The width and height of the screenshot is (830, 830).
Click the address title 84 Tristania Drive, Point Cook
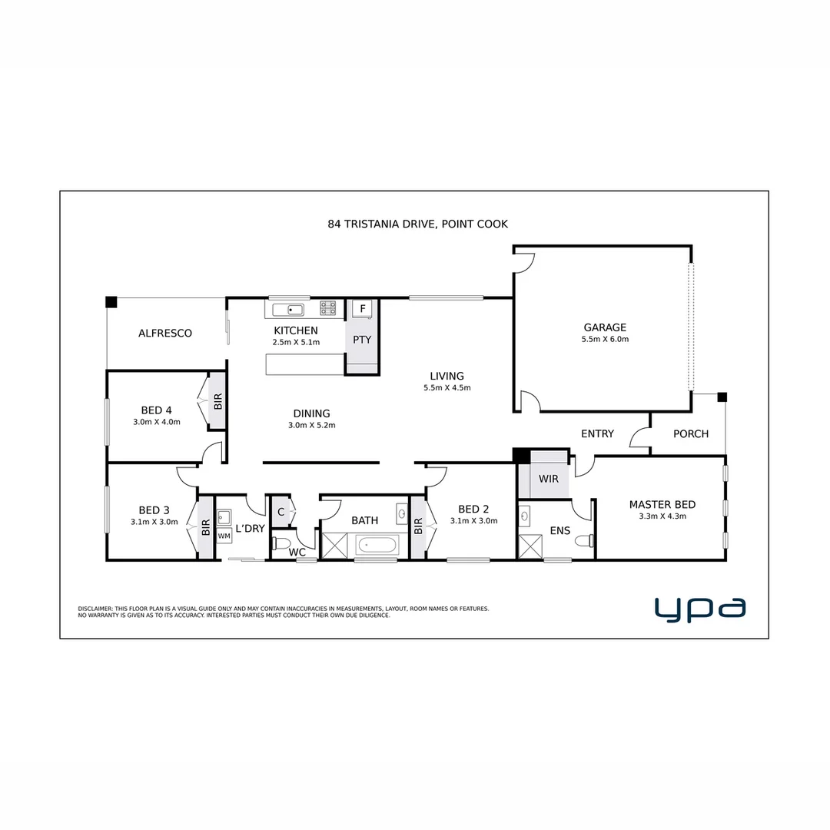coord(417,224)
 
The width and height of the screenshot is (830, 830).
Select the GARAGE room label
coord(605,327)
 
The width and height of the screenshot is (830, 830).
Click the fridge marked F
coord(362,309)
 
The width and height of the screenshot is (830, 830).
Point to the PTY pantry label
coord(362,339)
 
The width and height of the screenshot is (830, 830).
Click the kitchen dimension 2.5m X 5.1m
coord(296,343)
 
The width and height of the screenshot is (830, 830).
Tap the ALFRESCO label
coord(165,333)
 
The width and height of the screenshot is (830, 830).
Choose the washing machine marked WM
coord(224,536)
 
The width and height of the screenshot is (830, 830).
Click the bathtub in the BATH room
coord(377,546)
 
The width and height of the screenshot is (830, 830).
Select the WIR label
coord(549,479)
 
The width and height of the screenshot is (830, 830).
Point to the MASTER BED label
coord(662,504)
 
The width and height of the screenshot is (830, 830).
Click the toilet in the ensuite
coord(587,540)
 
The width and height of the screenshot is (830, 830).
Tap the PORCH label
coord(690,433)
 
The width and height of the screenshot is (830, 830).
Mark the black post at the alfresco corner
coord(111,302)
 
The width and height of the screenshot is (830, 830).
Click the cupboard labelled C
coord(281,512)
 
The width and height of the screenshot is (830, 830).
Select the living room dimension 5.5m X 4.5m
coord(447,388)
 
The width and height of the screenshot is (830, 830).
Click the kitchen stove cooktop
coord(328,308)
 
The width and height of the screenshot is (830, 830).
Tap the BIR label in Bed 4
coord(218,401)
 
